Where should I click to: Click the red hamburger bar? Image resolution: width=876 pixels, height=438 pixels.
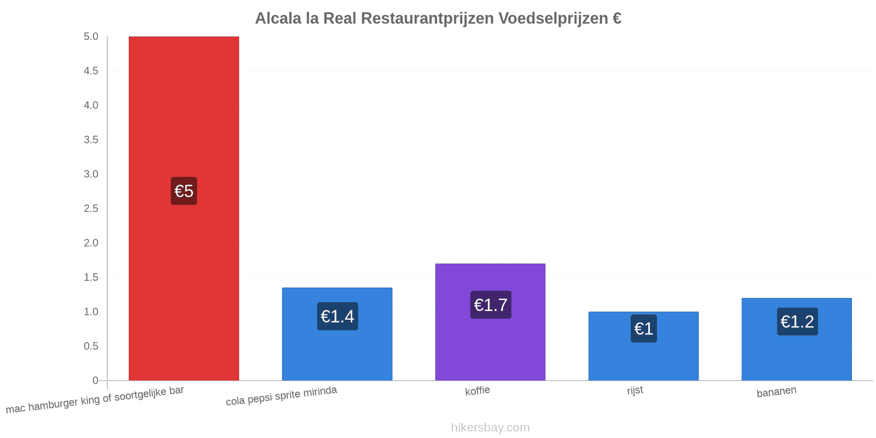pyautogui.click(x=184, y=209)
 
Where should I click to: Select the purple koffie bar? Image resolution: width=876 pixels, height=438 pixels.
pyautogui.click(x=491, y=322)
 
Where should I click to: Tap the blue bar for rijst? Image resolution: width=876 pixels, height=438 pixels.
pyautogui.click(x=643, y=346)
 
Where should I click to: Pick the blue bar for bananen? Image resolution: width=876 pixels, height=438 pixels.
pyautogui.click(x=797, y=339)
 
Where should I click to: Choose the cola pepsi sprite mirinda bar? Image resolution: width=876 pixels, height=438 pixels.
pyautogui.click(x=337, y=334)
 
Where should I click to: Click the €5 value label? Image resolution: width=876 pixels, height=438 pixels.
pyautogui.click(x=184, y=191)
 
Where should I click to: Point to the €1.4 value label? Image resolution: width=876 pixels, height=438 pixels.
pyautogui.click(x=337, y=316)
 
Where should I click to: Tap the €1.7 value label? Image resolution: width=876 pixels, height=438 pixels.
pyautogui.click(x=491, y=304)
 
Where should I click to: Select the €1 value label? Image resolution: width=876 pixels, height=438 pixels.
pyautogui.click(x=644, y=328)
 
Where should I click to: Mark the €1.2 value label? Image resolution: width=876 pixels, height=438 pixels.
pyautogui.click(x=797, y=321)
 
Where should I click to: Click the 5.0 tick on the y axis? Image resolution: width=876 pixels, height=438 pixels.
pyautogui.click(x=91, y=36)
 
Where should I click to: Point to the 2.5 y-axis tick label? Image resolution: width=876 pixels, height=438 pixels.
pyautogui.click(x=91, y=209)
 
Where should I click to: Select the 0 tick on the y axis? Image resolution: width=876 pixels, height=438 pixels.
pyautogui.click(x=95, y=381)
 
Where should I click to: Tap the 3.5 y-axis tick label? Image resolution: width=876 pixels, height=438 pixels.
pyautogui.click(x=91, y=140)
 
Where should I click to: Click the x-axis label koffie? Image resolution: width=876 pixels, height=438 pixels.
pyautogui.click(x=477, y=391)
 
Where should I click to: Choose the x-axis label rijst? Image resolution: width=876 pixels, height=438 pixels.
pyautogui.click(x=635, y=390)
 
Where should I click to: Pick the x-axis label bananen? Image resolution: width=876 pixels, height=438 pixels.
pyautogui.click(x=776, y=391)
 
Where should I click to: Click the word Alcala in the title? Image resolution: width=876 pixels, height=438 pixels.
pyautogui.click(x=278, y=19)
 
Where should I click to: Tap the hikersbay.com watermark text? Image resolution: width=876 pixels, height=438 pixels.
pyautogui.click(x=491, y=428)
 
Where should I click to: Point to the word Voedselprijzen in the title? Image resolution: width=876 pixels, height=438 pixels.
pyautogui.click(x=553, y=19)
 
